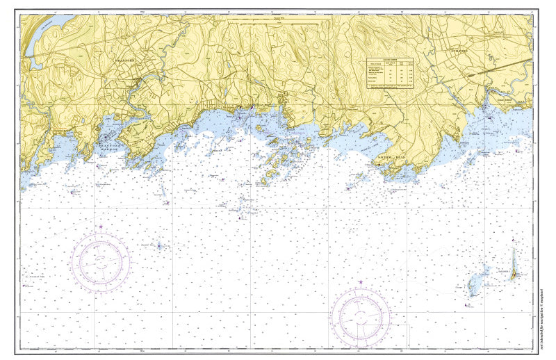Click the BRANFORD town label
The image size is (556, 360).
coord(123,61)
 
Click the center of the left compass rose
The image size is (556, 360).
coord(101,261)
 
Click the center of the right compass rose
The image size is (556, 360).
coord(361,317)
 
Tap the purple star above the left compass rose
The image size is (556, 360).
coord(101,227)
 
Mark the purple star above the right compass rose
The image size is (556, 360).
coord(361,281)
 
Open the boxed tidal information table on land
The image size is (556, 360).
coord(390,72)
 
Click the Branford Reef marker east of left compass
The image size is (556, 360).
coord(159,245)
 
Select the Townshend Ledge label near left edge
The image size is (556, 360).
coord(37,277)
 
